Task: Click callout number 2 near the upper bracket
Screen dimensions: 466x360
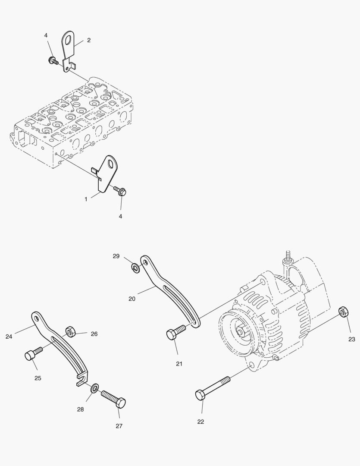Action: click(89, 40)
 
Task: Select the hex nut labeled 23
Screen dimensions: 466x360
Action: click(344, 311)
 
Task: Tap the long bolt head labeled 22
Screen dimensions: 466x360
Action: click(201, 395)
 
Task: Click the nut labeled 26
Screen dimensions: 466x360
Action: click(70, 332)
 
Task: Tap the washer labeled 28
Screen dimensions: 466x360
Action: click(94, 389)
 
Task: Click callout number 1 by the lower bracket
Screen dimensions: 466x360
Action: click(86, 199)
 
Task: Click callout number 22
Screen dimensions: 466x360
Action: click(200, 422)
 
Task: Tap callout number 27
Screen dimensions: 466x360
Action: click(119, 426)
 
